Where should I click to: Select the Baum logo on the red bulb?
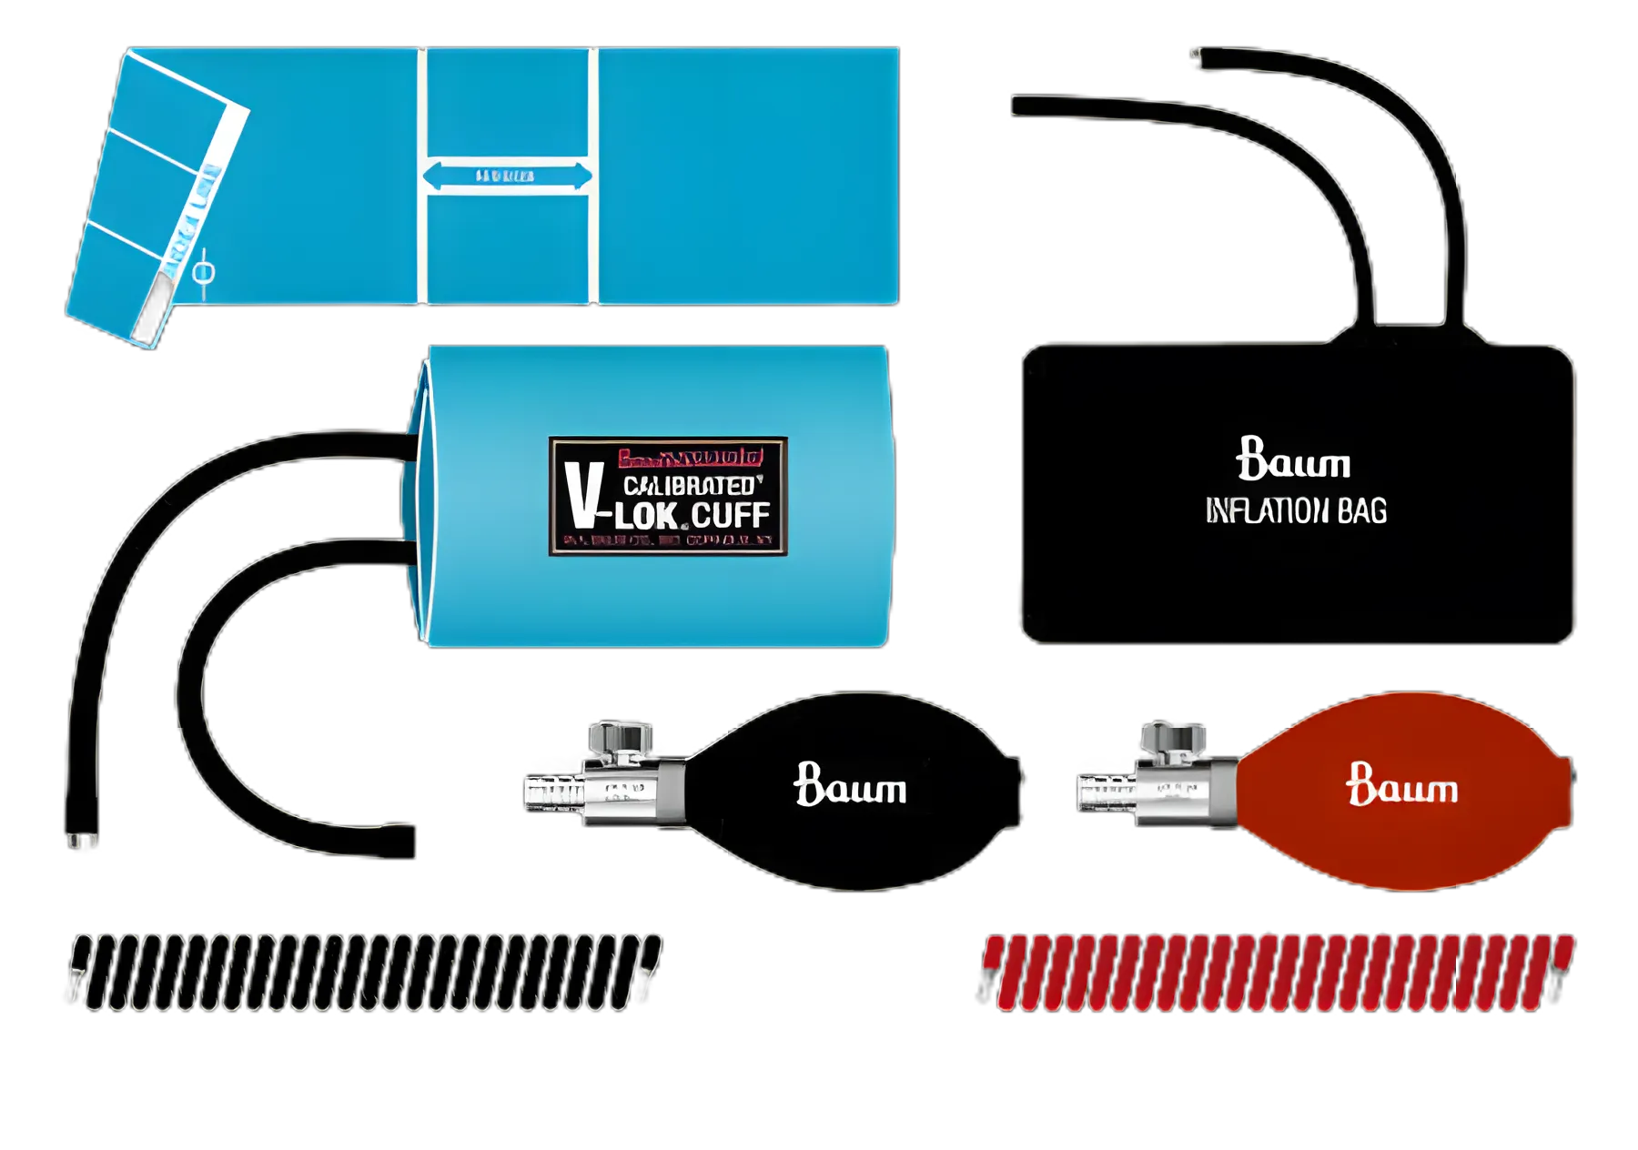pyautogui.click(x=1402, y=785)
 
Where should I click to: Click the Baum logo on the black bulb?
pyautogui.click(x=850, y=785)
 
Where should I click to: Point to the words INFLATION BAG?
pyautogui.click(x=1296, y=511)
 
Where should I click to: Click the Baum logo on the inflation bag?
pyautogui.click(x=1293, y=459)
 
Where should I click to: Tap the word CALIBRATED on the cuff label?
pyautogui.click(x=690, y=486)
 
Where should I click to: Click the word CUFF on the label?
pyautogui.click(x=731, y=516)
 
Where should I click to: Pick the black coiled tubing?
pyautogui.click(x=364, y=972)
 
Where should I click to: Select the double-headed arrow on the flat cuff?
pyautogui.click(x=507, y=176)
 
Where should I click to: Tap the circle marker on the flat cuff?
pyautogui.click(x=205, y=272)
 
